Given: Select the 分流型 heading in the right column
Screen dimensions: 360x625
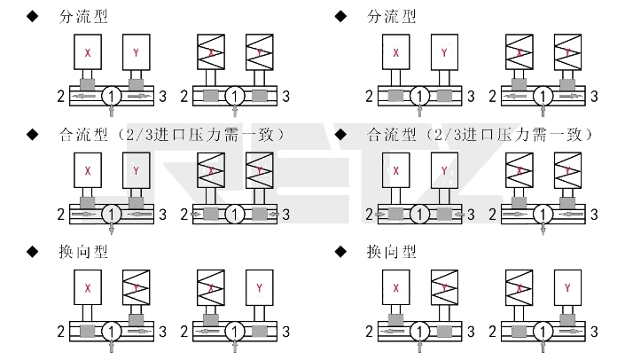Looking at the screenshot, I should [391, 17].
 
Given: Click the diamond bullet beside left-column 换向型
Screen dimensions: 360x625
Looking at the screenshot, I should [33, 252].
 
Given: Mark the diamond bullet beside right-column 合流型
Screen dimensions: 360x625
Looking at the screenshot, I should [341, 135].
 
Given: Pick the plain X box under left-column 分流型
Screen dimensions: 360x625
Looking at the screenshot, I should [88, 53].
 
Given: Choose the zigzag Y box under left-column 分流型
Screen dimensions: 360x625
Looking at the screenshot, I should [259, 53].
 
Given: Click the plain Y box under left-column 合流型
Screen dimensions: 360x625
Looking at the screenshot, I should [136, 169].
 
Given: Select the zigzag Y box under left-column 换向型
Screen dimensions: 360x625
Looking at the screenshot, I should [136, 287].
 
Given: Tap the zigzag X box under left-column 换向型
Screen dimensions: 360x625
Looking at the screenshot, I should [211, 287].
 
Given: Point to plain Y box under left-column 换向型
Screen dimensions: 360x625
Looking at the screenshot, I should [259, 287].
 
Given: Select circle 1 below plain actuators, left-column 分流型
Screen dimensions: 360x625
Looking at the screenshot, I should [112, 95].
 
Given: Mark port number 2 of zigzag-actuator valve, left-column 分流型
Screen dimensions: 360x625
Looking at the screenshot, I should [184, 96].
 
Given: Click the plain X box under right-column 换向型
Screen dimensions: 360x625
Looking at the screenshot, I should [396, 287].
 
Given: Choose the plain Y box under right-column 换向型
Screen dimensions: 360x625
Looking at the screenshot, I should [567, 287].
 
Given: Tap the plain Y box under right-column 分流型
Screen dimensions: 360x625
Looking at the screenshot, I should [444, 53].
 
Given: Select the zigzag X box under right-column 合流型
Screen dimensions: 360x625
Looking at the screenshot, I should [520, 169].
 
